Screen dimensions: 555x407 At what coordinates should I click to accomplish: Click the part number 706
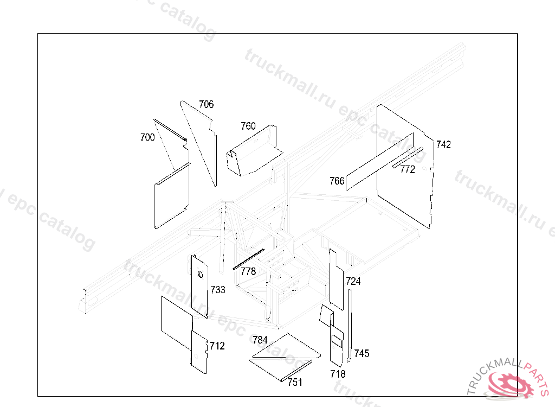pos(206,104)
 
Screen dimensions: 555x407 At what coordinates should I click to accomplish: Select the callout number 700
pos(147,137)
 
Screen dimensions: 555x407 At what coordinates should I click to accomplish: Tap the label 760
pos(248,126)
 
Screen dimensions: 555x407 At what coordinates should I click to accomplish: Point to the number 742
pos(443,145)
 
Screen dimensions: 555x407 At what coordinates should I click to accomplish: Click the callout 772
pos(408,169)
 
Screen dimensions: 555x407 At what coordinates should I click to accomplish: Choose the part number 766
pos(337,181)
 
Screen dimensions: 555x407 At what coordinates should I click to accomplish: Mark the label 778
pos(248,271)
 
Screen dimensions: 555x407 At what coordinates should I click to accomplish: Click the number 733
pos(218,290)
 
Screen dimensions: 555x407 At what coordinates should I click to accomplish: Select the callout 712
pos(217,346)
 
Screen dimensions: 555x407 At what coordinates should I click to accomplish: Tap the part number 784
pos(260,340)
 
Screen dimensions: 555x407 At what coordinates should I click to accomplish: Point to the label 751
pos(295,382)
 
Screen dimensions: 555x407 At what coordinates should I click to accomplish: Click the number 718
pos(338,374)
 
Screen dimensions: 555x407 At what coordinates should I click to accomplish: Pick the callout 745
pos(362,353)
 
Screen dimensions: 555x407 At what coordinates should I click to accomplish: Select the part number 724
pos(353,281)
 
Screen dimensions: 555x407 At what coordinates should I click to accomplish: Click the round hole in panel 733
pos(200,274)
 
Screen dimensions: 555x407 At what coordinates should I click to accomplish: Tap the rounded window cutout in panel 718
pos(337,341)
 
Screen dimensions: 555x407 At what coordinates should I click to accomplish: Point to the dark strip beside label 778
pos(248,259)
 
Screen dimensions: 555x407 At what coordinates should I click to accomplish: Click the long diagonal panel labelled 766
pos(379,162)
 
